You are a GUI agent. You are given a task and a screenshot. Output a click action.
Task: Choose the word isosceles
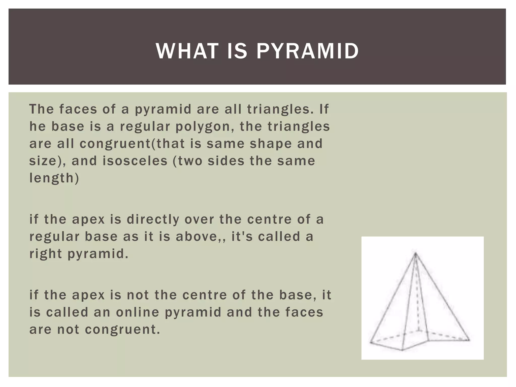135,161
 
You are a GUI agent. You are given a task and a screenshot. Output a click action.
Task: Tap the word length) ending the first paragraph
54,178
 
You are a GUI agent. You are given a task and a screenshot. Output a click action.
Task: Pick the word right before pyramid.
46,254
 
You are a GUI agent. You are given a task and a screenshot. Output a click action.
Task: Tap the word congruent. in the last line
122,330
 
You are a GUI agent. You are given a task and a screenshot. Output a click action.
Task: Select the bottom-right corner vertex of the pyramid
469,340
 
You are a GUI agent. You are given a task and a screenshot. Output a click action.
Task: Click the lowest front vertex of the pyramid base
402,350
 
